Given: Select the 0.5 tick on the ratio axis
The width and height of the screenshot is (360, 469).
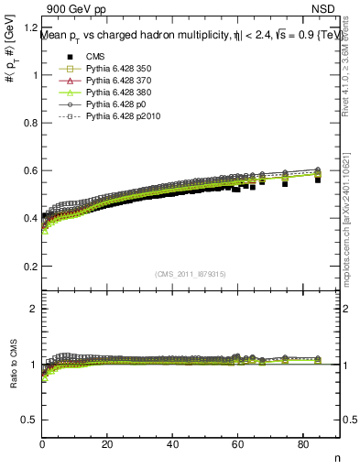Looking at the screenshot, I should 29,420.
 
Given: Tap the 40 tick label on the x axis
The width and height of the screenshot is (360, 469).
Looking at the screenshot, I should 172,445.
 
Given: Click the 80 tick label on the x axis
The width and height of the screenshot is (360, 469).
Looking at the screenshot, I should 302,445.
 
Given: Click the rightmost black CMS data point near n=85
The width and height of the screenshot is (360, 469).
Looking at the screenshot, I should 318,180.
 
